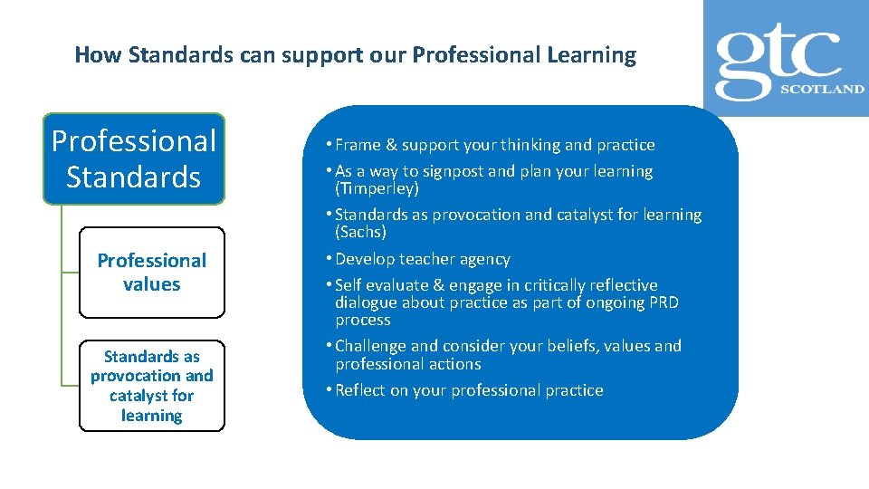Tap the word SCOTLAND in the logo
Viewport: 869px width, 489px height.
(x=823, y=90)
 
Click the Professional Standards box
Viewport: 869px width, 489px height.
(x=134, y=158)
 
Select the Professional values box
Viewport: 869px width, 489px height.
(x=151, y=273)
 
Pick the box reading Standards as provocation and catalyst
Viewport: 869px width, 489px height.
(x=151, y=386)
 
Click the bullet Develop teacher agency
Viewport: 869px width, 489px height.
(x=422, y=259)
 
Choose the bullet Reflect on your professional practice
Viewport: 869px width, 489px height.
(x=468, y=390)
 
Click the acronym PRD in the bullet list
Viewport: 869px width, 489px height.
(x=664, y=302)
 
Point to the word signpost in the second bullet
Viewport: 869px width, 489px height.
(x=438, y=171)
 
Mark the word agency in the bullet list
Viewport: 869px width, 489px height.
(x=486, y=259)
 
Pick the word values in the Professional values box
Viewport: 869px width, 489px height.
(x=151, y=284)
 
